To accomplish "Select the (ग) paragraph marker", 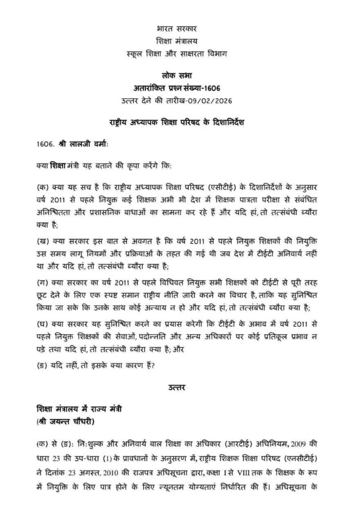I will point(42,283).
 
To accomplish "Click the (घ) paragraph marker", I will point(42,323).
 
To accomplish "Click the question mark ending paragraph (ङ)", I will point(153,366).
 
